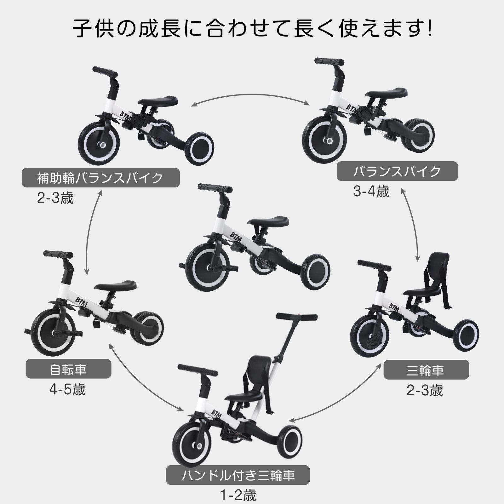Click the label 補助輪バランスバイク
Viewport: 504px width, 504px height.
coord(100,178)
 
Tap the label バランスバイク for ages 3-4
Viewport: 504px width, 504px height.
coord(397,171)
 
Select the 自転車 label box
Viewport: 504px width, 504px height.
coord(68,369)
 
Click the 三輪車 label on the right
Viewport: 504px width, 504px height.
coord(426,369)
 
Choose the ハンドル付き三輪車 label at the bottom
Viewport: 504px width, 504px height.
coord(238,475)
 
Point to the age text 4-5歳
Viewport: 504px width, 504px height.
coord(67,390)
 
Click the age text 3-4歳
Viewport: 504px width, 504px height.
coord(371,192)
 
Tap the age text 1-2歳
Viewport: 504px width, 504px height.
coord(238,495)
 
